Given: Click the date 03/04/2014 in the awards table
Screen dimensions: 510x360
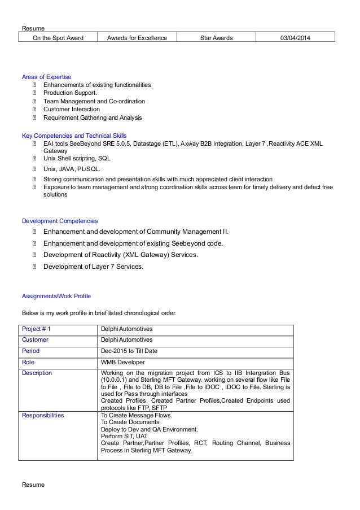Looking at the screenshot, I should coord(295,38).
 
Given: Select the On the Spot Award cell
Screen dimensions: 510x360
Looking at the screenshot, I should coord(58,38).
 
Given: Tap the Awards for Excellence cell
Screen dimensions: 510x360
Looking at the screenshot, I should coord(136,38).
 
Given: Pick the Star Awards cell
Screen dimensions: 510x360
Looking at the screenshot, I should coord(216,38).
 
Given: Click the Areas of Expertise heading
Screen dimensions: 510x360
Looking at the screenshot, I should coord(46,77).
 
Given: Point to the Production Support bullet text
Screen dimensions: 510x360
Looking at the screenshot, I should coord(70,93).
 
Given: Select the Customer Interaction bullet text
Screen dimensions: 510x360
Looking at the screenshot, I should coord(72,110).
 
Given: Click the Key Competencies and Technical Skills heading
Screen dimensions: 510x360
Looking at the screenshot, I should coord(74,136).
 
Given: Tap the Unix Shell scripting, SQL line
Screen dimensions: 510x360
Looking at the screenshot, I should coord(77,159).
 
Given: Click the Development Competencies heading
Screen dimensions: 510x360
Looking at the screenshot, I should coord(60,221).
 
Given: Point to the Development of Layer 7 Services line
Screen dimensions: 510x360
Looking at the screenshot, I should coord(93,267).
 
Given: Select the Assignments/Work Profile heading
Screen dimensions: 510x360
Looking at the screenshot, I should coord(56,296).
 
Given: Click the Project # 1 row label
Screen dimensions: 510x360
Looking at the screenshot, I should coord(36,329).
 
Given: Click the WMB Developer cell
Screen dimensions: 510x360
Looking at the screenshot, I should coord(122,362).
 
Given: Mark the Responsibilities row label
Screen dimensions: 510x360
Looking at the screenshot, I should coord(43,415).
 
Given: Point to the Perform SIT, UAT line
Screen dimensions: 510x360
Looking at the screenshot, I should coord(123,437).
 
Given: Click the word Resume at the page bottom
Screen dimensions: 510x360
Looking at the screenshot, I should coord(33,486).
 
